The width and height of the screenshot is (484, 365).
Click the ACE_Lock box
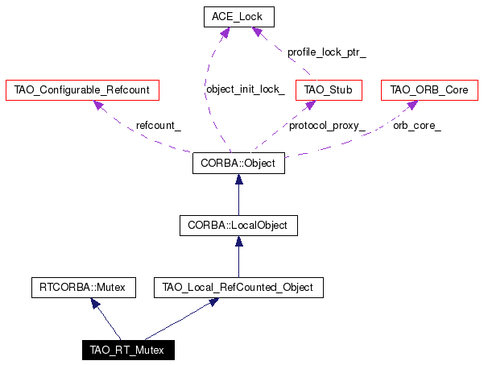pos(239,17)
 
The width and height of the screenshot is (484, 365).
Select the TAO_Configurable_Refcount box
pos(82,90)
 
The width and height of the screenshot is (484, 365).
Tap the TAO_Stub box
pos(329,90)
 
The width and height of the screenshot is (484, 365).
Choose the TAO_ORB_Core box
pos(429,90)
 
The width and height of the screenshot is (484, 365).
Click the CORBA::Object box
pos(238,163)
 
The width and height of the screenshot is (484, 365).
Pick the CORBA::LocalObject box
pos(238,226)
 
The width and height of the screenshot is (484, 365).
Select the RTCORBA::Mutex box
pos(83,288)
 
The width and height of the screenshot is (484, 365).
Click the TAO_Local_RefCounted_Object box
pos(238,288)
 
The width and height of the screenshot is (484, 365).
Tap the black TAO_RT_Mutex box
pos(128,350)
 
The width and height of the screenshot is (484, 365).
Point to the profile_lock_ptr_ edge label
pos(327,52)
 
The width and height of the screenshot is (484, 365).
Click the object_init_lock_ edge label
pos(246,89)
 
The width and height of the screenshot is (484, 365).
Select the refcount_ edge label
pos(159,126)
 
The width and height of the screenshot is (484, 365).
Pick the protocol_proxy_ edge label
pos(327,126)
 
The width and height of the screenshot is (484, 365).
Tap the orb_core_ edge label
pos(417,126)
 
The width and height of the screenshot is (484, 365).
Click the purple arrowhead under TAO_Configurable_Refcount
pos(98,106)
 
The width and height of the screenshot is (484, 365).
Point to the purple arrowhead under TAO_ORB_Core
pos(412,105)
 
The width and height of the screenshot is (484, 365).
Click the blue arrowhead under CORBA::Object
pos(239,179)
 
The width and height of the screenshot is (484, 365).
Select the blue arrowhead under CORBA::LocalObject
pos(239,241)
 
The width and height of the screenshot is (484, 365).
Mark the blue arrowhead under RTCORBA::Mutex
pos(95,303)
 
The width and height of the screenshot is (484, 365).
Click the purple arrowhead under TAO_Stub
pos(309,106)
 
